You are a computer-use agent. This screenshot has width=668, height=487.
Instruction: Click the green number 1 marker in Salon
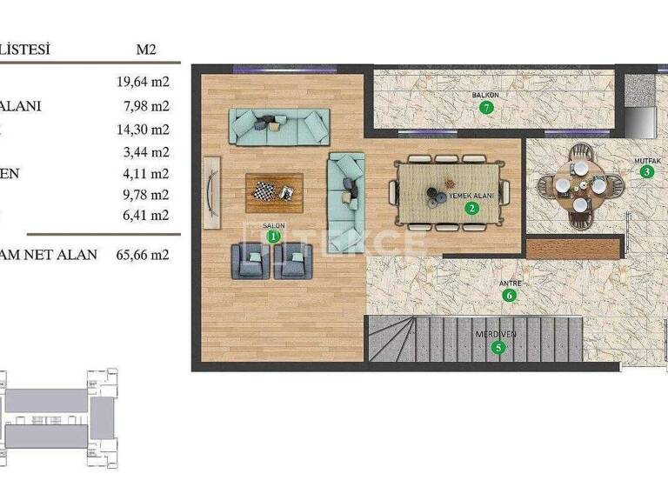click(273, 236)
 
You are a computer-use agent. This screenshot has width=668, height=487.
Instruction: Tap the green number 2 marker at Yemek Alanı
click(471, 208)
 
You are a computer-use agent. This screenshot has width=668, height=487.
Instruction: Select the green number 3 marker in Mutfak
click(646, 172)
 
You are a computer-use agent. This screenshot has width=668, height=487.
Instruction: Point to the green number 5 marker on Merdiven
click(498, 349)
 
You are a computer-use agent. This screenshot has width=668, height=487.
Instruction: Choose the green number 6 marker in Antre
click(510, 296)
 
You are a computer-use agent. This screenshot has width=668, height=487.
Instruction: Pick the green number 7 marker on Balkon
click(487, 108)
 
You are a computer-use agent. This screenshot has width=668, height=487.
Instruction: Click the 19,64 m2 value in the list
click(142, 83)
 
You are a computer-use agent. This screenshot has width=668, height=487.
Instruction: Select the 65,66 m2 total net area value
click(142, 255)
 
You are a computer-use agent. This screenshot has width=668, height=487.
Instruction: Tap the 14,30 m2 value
click(142, 130)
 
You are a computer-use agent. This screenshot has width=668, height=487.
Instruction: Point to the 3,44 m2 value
click(145, 151)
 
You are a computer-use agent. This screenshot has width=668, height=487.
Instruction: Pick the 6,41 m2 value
click(145, 215)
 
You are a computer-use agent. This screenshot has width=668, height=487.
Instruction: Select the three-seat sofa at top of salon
click(279, 127)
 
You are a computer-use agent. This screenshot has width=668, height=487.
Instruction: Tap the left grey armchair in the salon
click(250, 260)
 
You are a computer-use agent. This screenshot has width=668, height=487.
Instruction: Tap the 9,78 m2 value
click(145, 194)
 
